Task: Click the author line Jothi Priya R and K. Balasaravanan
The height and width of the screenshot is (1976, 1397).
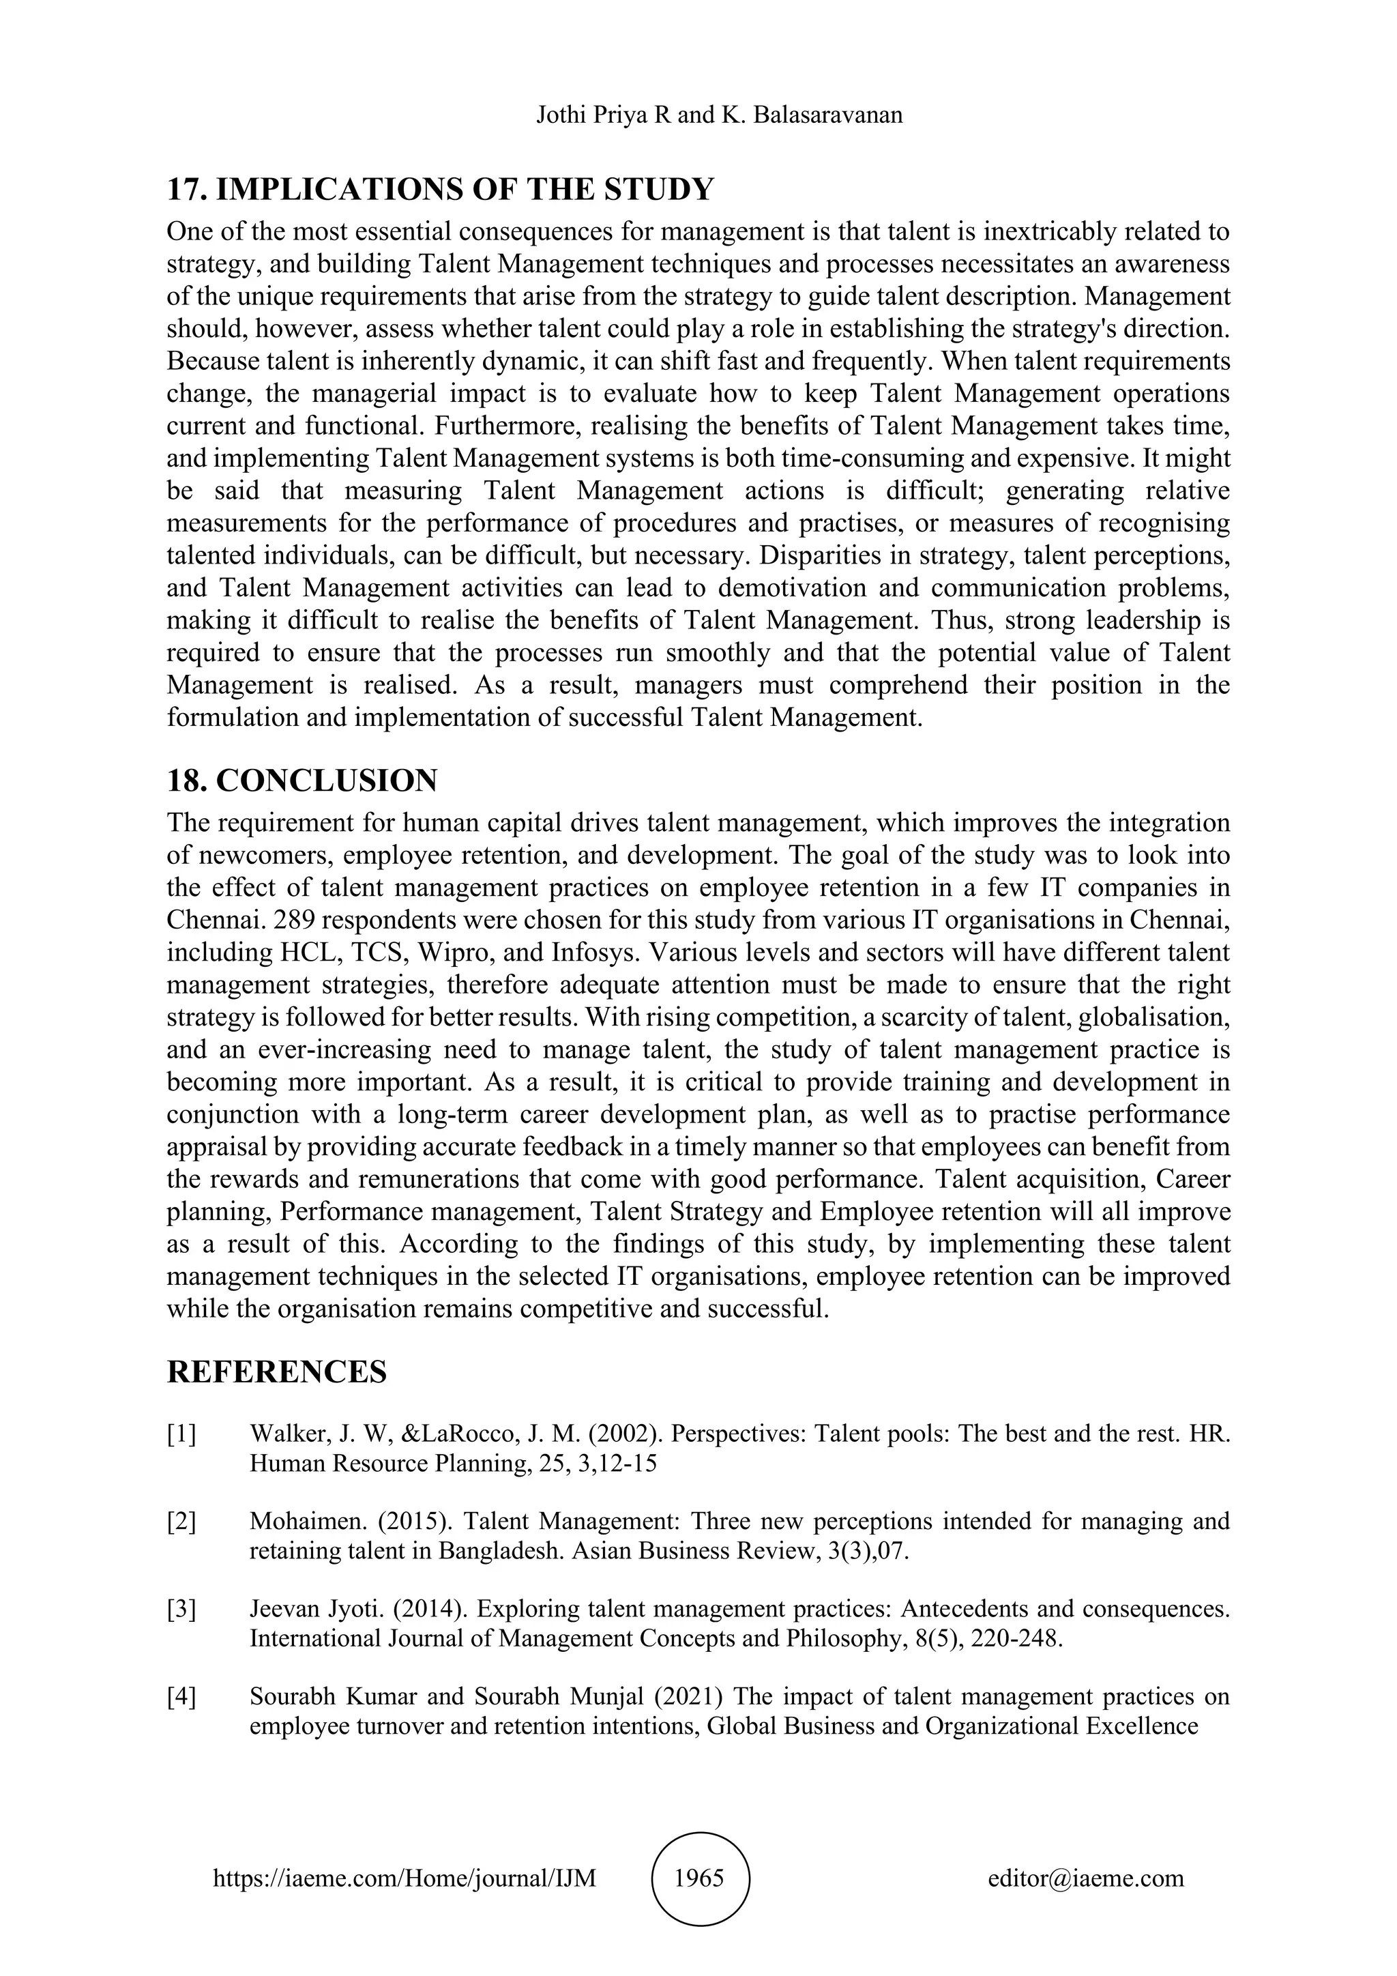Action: (x=719, y=115)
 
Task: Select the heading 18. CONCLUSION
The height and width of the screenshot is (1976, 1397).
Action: (x=302, y=781)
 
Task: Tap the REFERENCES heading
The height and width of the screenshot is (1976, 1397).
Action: (x=276, y=1372)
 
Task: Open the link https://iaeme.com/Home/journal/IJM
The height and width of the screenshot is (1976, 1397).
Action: (x=405, y=1878)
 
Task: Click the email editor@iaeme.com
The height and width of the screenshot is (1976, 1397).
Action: (x=1085, y=1878)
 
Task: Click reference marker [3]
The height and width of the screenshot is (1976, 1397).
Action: (x=181, y=1610)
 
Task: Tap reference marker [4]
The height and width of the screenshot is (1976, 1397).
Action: (x=181, y=1697)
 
